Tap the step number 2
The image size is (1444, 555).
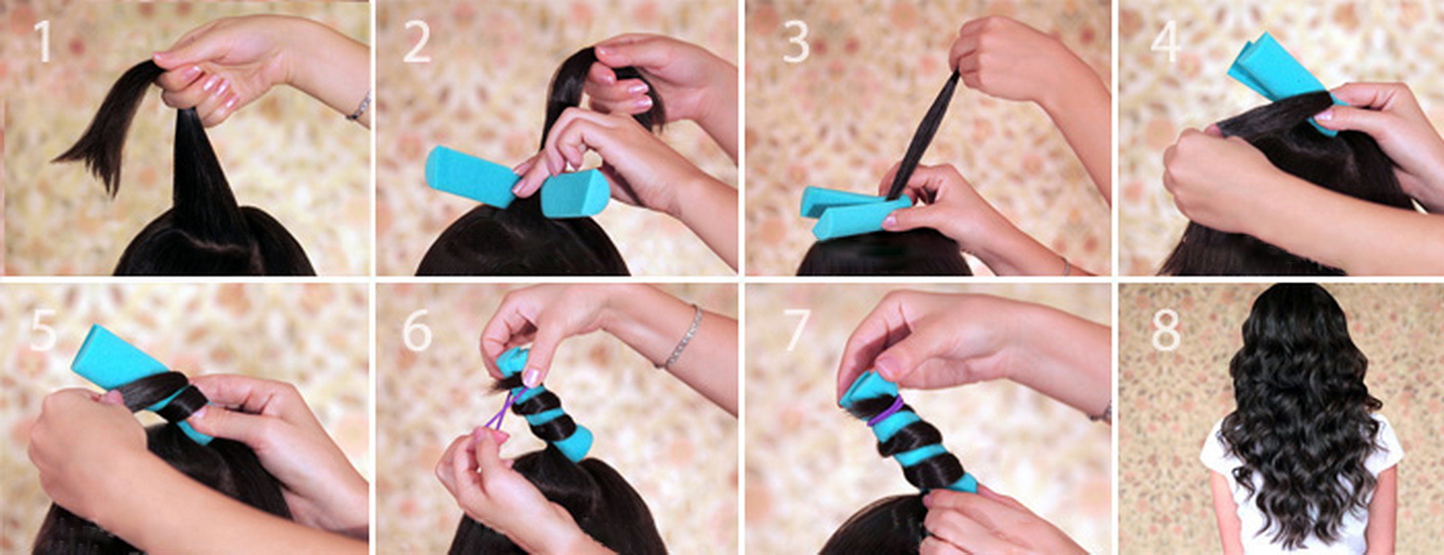pos(417,43)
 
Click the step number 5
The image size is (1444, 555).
pos(43,330)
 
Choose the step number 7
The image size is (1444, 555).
pos(795,330)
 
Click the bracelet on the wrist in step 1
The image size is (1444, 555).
pos(360,107)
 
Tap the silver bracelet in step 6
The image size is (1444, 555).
pos(681,338)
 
